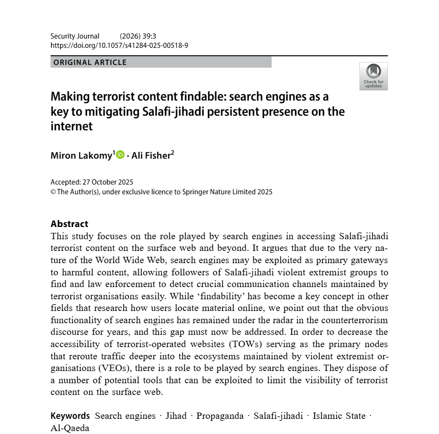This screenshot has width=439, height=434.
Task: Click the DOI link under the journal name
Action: point(119,45)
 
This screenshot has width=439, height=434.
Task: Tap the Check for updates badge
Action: point(373,76)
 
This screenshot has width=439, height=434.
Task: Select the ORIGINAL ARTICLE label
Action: point(90,62)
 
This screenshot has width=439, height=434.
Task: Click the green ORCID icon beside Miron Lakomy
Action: point(120,155)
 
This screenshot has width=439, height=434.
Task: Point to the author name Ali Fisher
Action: point(151,155)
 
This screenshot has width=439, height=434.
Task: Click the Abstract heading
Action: point(69,224)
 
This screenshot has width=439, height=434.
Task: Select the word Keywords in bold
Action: point(70,416)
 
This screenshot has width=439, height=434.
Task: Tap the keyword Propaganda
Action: point(220,416)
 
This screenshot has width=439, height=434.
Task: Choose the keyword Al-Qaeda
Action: point(70,428)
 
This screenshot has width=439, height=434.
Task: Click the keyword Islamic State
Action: point(339,416)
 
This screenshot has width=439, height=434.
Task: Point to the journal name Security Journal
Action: point(75,36)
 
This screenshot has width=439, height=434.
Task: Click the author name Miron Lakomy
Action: point(82,155)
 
